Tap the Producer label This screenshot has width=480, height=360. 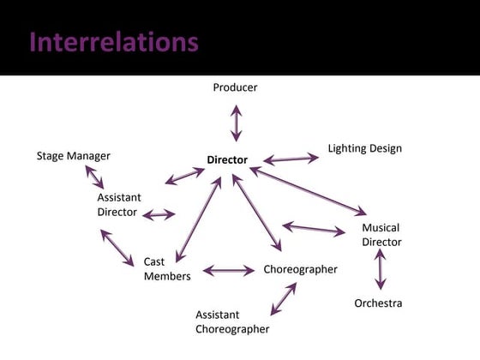[235, 87]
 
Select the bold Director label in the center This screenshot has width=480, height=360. [227, 160]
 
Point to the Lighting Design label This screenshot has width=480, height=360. [364, 149]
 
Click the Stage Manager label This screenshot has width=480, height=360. [74, 156]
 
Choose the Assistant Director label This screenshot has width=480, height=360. [117, 205]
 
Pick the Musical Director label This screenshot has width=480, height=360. [381, 235]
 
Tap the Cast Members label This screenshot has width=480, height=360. [167, 268]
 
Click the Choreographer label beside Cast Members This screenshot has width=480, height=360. [300, 269]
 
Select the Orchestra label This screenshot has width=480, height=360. [378, 303]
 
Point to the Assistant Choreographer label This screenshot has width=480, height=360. [232, 321]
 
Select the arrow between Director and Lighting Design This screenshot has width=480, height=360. [291, 159]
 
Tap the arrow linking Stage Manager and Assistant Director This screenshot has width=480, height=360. [94, 177]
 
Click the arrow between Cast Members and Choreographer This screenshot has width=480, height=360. [228, 271]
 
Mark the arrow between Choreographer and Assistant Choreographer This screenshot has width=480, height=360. [283, 299]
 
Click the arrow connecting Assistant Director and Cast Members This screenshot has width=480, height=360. [117, 248]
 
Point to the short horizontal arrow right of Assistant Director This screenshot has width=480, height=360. [159, 214]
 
